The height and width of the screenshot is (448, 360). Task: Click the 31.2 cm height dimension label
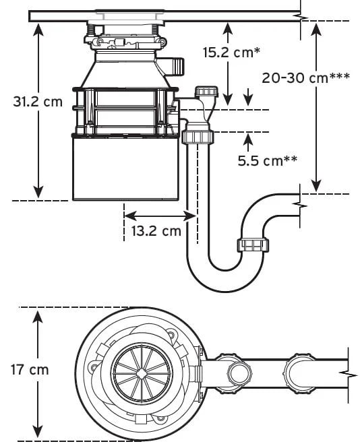click(x=38, y=102)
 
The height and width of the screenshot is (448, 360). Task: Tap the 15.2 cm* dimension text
click(x=232, y=53)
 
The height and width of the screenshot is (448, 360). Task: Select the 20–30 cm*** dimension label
click(x=305, y=77)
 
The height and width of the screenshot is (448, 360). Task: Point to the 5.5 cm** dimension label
click(x=268, y=161)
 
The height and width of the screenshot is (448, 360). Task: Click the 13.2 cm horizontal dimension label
click(x=156, y=230)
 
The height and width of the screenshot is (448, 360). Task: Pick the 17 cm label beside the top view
click(x=30, y=369)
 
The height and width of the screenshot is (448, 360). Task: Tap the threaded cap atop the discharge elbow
click(x=206, y=92)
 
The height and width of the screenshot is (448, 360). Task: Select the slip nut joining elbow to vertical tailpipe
click(x=198, y=137)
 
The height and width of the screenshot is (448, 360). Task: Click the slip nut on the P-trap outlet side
click(x=253, y=245)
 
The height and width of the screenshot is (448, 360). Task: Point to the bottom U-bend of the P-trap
click(x=226, y=282)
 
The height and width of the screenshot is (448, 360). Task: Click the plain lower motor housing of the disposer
click(x=125, y=168)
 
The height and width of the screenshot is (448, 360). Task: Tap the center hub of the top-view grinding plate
click(x=142, y=373)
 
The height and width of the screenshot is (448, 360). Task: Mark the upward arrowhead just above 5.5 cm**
click(x=248, y=138)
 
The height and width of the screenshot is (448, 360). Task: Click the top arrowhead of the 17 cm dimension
click(x=38, y=317)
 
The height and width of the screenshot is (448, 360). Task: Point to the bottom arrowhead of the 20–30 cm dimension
click(x=316, y=187)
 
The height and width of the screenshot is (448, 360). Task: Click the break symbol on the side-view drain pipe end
click(x=300, y=205)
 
